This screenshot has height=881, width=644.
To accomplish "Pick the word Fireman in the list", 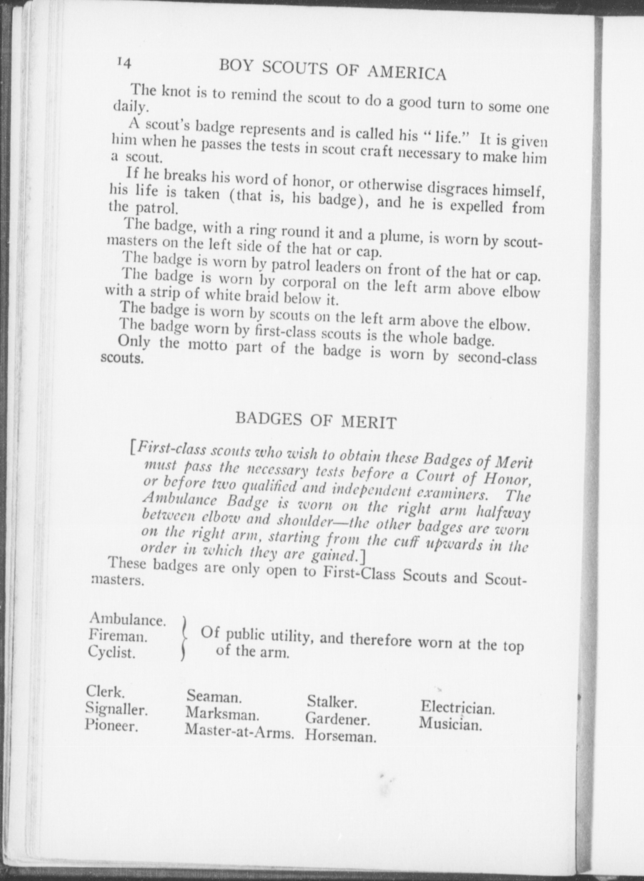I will tap(118, 636).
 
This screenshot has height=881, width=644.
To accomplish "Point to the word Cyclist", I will tap(112, 652).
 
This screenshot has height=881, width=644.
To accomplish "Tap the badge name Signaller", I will tap(116, 708).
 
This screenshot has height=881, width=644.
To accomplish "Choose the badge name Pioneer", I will tap(111, 725).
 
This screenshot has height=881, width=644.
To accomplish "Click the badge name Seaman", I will tap(213, 695).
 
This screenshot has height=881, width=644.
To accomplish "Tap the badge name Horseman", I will tap(340, 736).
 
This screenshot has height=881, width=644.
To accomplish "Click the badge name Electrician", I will tap(457, 707).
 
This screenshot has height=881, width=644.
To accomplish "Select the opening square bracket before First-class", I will tap(132, 448).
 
